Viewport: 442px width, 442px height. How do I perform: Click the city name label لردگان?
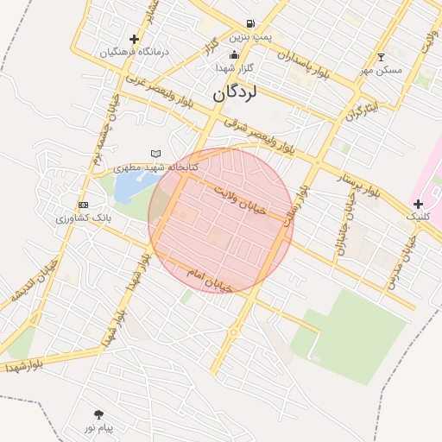pyautogui.click(x=236, y=91)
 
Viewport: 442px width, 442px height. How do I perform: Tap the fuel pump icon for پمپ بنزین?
pyautogui.click(x=250, y=24)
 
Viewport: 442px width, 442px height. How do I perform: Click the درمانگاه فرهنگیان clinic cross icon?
pyautogui.click(x=134, y=39)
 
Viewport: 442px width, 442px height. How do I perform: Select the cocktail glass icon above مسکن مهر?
pyautogui.click(x=381, y=57)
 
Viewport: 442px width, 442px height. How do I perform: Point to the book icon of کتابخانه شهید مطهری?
pyautogui.click(x=155, y=154)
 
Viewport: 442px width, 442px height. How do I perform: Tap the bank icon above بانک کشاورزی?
pyautogui.click(x=83, y=205)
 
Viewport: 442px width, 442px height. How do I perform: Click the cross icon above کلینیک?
pyautogui.click(x=419, y=205)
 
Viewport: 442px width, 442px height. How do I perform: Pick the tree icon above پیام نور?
pyautogui.click(x=98, y=414)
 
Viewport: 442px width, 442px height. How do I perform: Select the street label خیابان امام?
pyautogui.click(x=210, y=279)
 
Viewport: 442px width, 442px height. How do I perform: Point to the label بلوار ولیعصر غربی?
pyautogui.click(x=159, y=90)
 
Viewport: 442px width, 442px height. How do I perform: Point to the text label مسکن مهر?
pyautogui.click(x=383, y=70)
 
